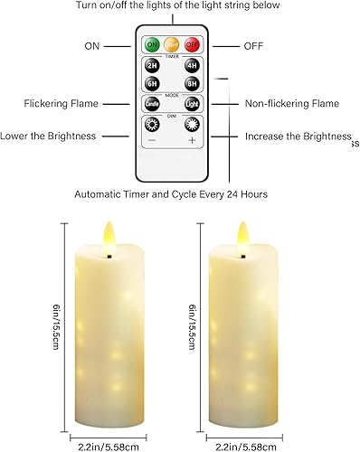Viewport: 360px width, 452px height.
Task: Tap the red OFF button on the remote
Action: pyautogui.click(x=192, y=44)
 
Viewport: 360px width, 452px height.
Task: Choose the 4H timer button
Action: pyautogui.click(x=191, y=65)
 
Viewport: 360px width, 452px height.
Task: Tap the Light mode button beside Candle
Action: pyautogui.click(x=192, y=105)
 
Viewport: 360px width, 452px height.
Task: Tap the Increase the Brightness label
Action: pyautogui.click(x=297, y=137)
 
